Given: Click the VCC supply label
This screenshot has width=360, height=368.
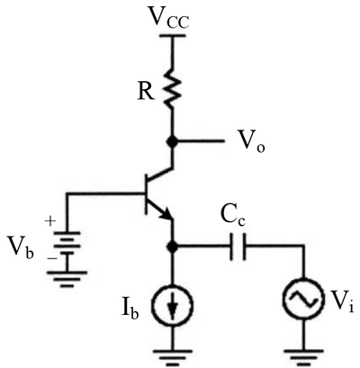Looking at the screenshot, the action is [169, 19].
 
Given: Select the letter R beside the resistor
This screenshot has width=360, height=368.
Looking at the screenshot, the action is [146, 92].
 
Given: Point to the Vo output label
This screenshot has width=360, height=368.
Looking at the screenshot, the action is [251, 141].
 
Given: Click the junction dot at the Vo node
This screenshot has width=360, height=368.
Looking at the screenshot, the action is [173, 141].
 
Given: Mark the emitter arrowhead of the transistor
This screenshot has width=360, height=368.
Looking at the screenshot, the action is [166, 214].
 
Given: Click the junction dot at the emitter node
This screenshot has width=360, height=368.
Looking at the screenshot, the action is [173, 247].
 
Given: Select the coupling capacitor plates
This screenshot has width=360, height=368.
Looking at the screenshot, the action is [238, 247].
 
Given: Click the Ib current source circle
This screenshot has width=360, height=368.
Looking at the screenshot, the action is [173, 305].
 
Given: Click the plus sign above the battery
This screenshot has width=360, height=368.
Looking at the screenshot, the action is [50, 221].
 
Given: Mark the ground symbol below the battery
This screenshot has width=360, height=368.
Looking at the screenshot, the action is [67, 279].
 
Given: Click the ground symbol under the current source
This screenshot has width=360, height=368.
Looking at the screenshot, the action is [173, 357].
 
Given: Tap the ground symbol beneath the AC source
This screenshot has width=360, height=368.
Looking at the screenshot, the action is [303, 357].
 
